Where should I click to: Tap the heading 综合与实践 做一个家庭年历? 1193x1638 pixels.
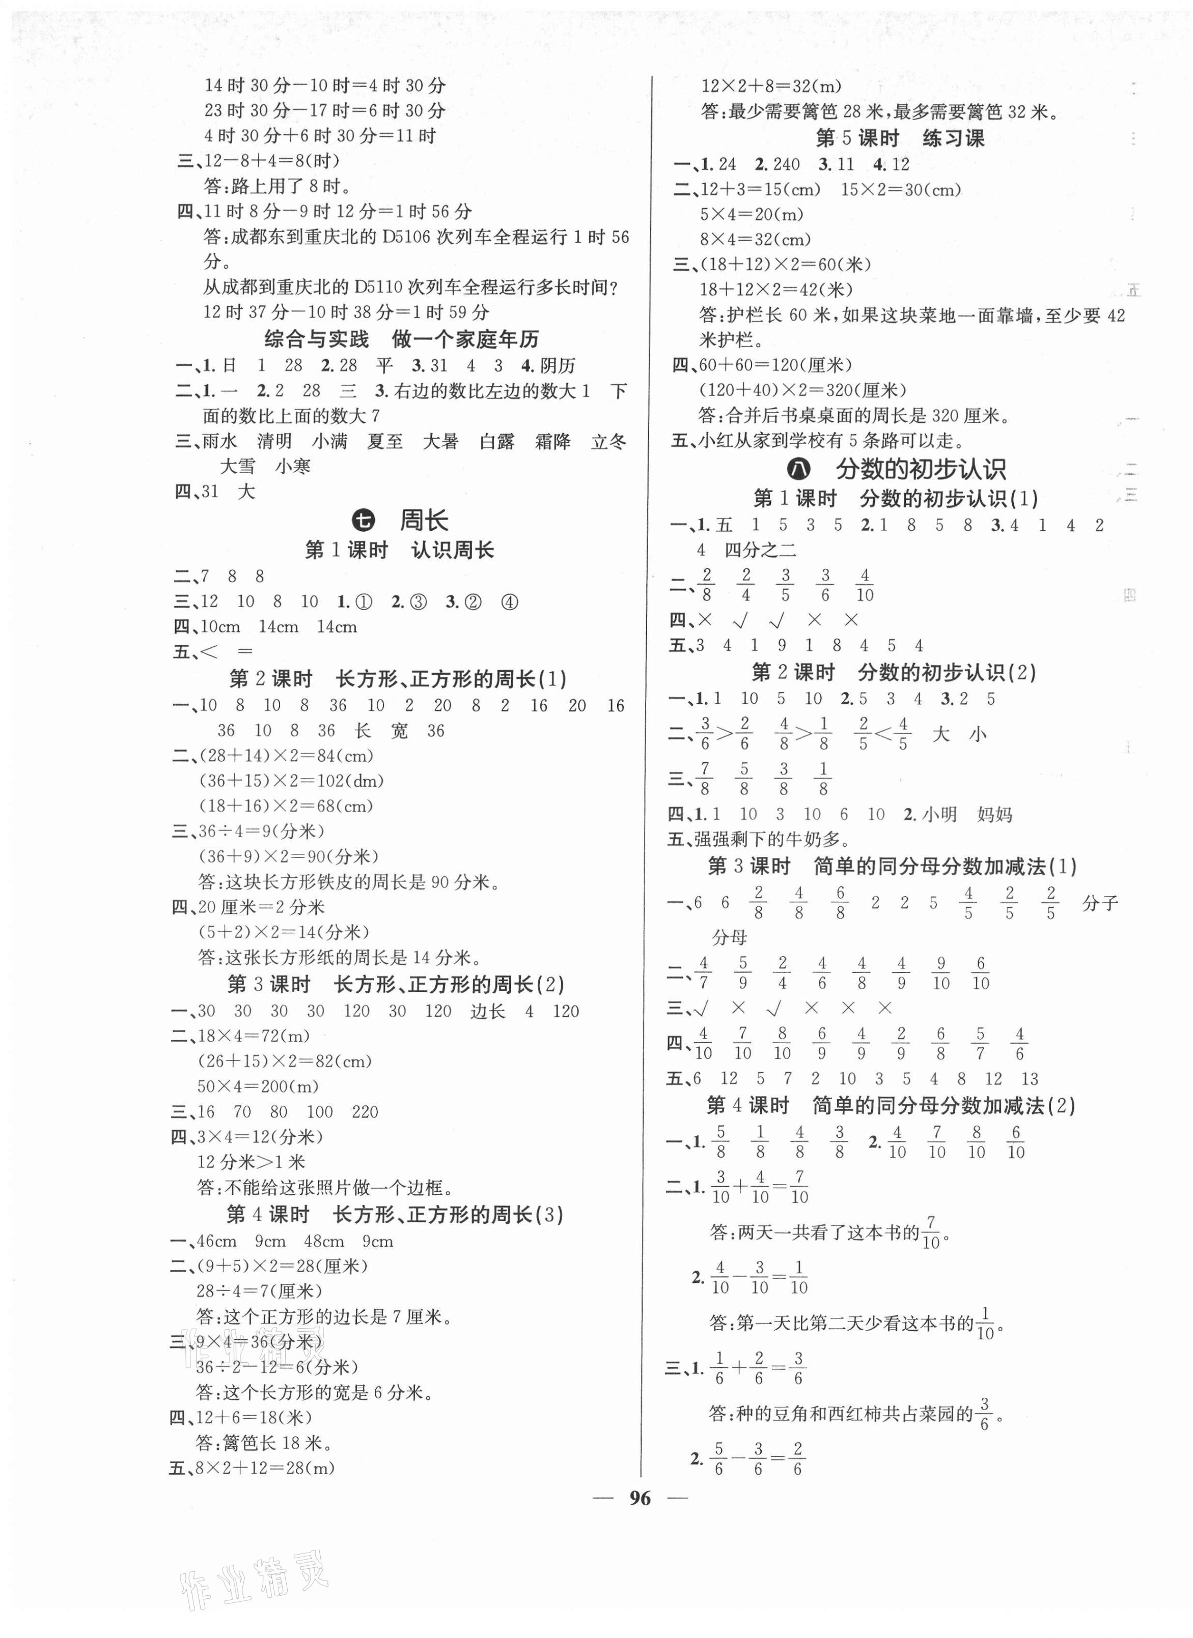[x=401, y=339]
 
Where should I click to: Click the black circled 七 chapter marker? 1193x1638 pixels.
[x=364, y=520]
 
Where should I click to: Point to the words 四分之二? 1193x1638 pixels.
[x=760, y=551]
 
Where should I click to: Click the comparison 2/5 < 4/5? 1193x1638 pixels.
[x=882, y=734]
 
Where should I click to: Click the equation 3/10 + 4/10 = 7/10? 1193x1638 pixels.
[x=759, y=1187]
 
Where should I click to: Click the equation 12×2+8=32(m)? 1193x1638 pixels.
[x=771, y=86]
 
